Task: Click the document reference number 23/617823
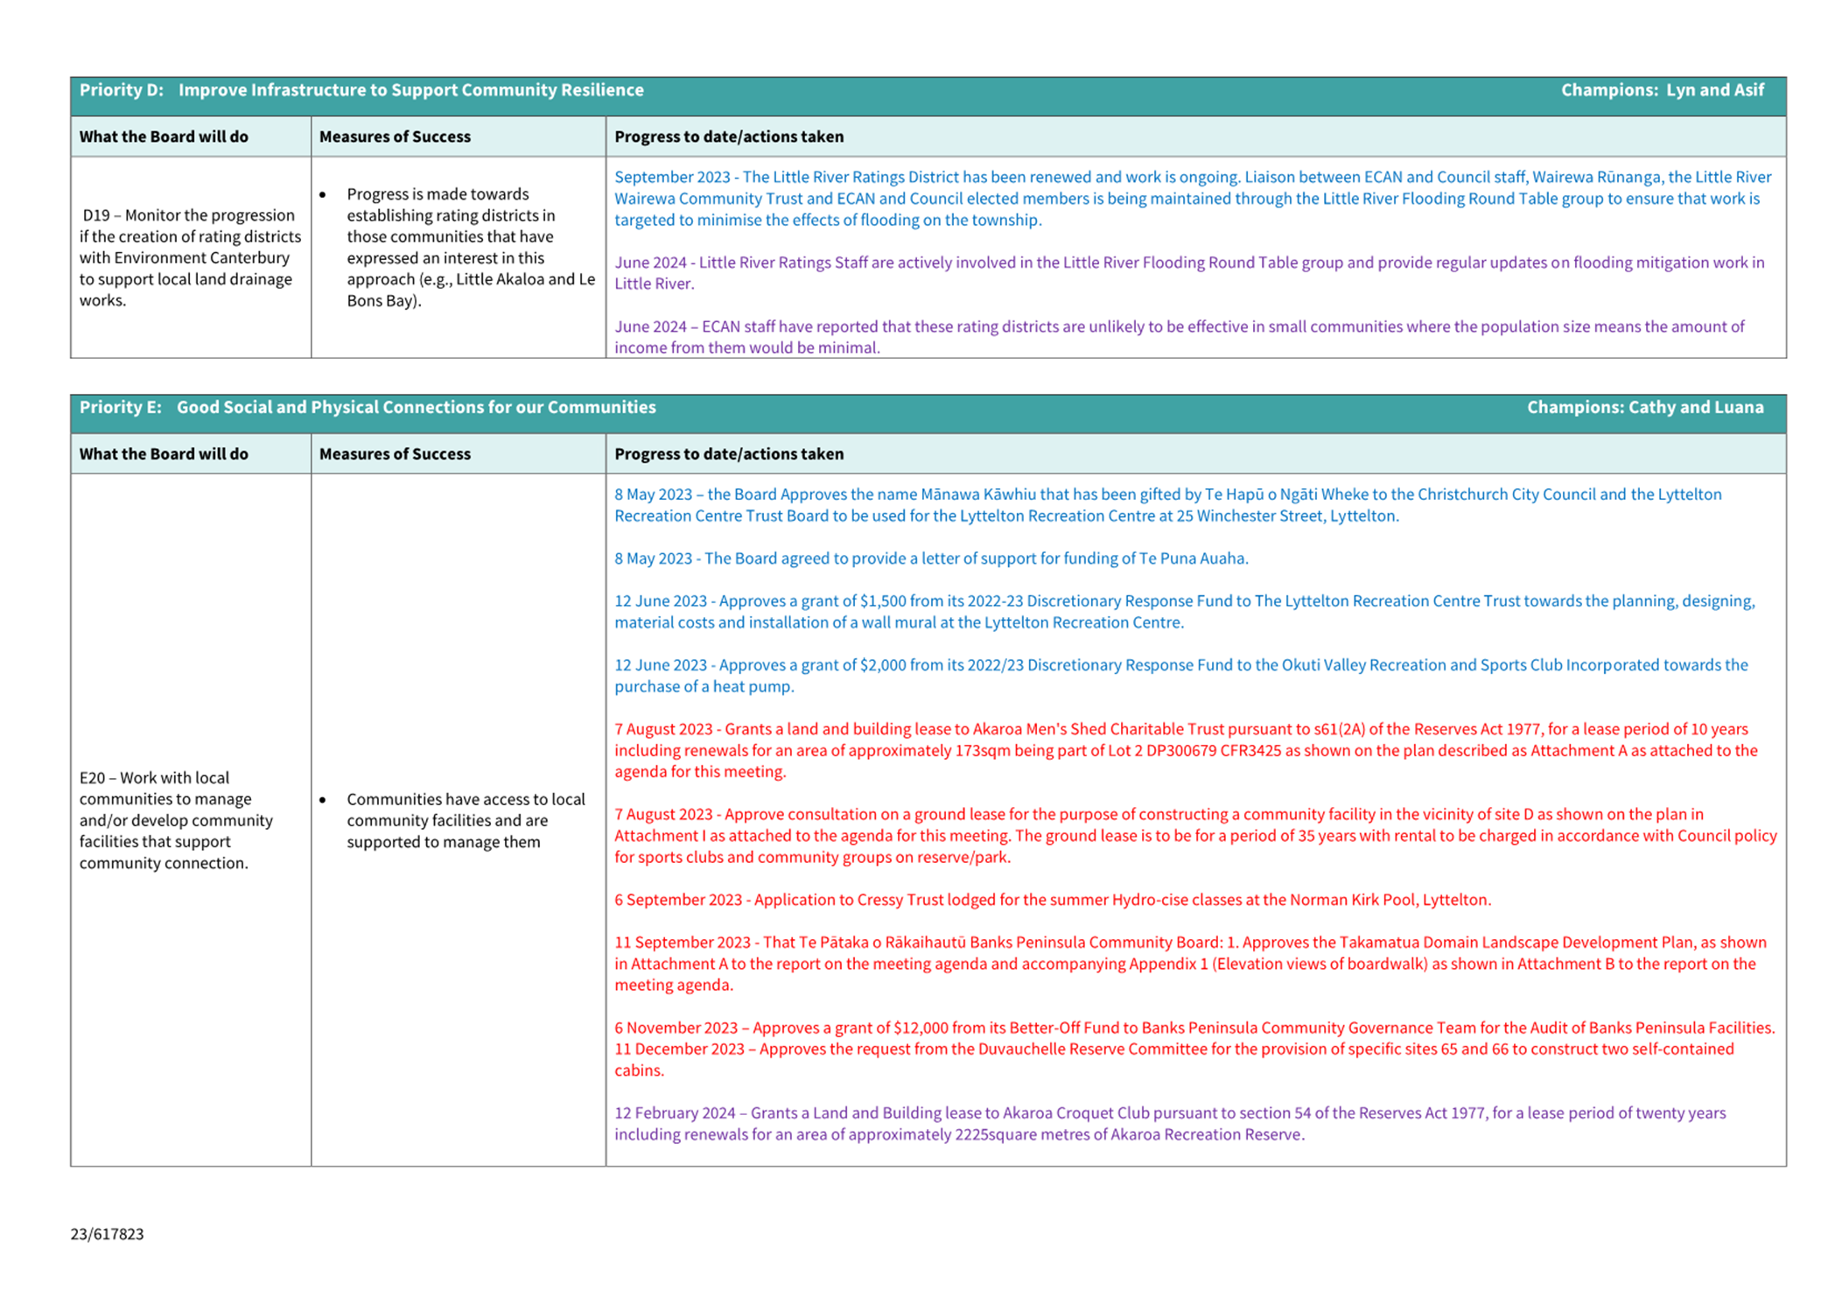pyautogui.click(x=107, y=1234)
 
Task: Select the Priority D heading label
pyautogui.click(x=122, y=90)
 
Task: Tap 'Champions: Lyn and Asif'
pyautogui.click(x=1662, y=90)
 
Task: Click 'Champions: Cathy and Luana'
pyautogui.click(x=1644, y=407)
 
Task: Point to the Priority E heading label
pyautogui.click(x=121, y=407)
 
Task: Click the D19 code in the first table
pyautogui.click(x=96, y=215)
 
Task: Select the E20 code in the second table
pyautogui.click(x=92, y=777)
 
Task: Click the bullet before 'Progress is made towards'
pyautogui.click(x=323, y=194)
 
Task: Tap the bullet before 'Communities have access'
pyautogui.click(x=323, y=799)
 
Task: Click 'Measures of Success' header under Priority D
pyautogui.click(x=395, y=137)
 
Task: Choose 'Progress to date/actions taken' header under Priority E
pyautogui.click(x=729, y=453)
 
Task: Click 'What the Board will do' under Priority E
pyautogui.click(x=164, y=453)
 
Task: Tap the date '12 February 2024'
pyautogui.click(x=675, y=1113)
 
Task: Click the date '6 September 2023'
pyautogui.click(x=678, y=900)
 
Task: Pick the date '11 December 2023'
pyautogui.click(x=678, y=1049)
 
